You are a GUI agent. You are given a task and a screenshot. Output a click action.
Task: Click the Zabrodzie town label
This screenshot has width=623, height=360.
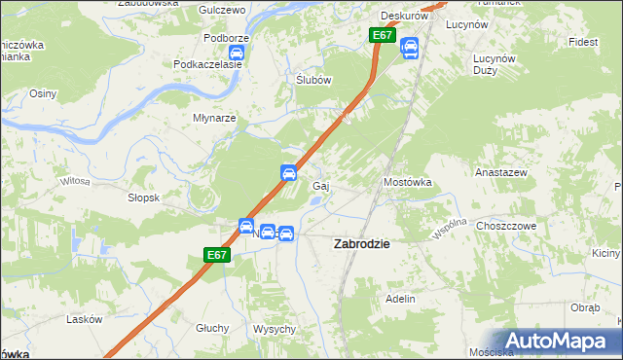point(362,244)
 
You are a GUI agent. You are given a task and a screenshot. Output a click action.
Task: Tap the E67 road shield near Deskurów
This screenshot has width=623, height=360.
point(382,36)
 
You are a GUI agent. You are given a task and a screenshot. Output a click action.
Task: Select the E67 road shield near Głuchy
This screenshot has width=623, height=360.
point(217,255)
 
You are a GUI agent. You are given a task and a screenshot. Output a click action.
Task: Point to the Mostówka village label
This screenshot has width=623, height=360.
point(407,182)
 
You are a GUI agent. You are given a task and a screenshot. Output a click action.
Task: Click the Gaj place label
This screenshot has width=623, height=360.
point(318,185)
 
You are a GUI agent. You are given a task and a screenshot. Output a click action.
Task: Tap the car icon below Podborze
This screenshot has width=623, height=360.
point(236,53)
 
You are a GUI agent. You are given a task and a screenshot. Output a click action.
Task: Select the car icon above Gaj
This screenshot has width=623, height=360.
point(289,173)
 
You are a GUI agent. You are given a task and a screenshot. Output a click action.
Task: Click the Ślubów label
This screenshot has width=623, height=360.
point(314,81)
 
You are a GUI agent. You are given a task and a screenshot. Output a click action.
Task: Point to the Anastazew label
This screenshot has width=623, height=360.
point(500,171)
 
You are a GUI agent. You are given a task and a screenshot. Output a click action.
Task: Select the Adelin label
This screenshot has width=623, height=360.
point(401,298)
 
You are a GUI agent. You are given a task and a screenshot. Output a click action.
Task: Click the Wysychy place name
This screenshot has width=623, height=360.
point(274,329)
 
